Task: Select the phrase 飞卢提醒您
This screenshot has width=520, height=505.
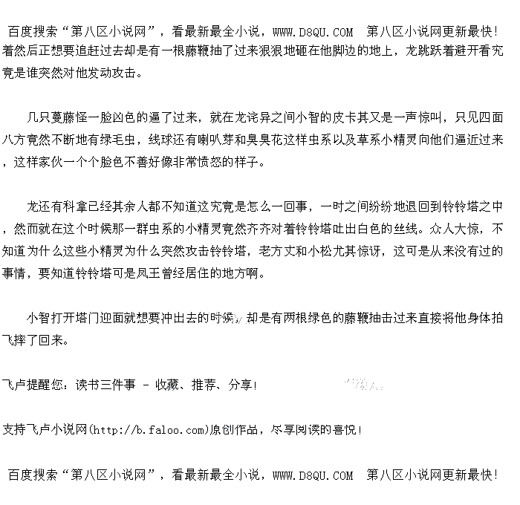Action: [x=33, y=385]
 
